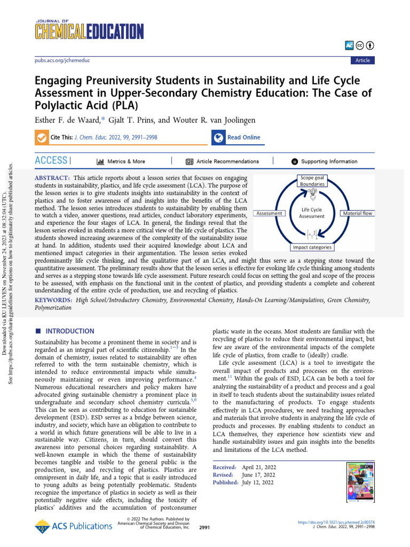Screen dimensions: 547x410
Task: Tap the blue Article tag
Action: click(362, 60)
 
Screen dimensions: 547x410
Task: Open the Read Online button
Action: click(236, 138)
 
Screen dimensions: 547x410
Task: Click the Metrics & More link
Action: click(121, 161)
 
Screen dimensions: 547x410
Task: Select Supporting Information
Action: click(324, 161)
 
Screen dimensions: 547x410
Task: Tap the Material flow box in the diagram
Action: click(357, 214)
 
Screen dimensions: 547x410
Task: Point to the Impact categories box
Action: click(312, 247)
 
